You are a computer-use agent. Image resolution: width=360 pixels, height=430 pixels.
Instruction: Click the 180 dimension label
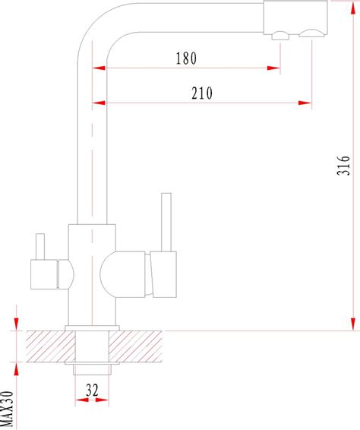tap(186, 58)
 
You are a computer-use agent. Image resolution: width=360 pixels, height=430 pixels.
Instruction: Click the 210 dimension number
tap(202, 93)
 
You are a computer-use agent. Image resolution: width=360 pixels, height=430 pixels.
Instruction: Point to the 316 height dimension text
tap(343, 166)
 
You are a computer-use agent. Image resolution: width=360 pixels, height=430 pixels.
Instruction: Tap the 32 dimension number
tap(92, 390)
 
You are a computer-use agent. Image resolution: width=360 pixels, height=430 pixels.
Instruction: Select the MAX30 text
tap(7, 409)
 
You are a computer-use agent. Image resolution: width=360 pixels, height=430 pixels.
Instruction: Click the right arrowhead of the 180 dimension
tap(273, 68)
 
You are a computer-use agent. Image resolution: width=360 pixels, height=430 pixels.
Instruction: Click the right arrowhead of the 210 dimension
tap(305, 103)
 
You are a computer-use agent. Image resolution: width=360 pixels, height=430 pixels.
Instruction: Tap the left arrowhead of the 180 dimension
tap(99, 68)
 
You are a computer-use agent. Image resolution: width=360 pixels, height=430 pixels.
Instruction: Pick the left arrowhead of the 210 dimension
tap(99, 103)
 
